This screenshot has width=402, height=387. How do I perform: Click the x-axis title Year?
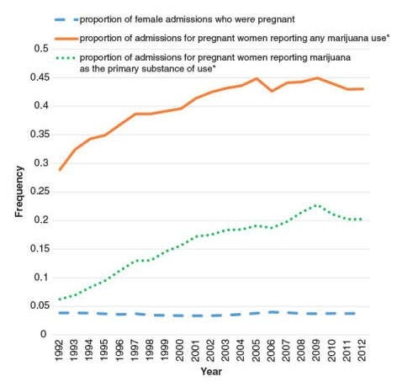pyautogui.click(x=211, y=370)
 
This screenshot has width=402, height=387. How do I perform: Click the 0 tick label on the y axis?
pyautogui.click(x=41, y=335)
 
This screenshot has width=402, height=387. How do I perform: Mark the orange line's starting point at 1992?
pyautogui.click(x=59, y=170)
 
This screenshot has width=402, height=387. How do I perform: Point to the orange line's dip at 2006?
pyautogui.click(x=272, y=91)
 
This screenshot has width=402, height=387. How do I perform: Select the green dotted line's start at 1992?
pyautogui.click(x=59, y=299)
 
